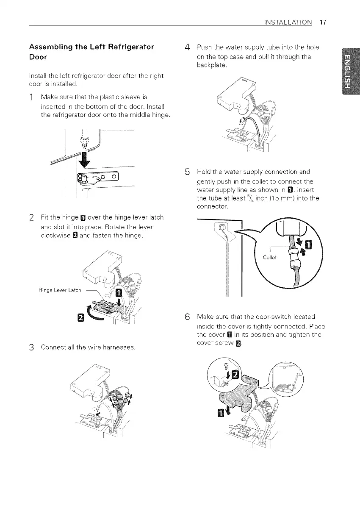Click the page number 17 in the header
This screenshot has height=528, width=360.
323,22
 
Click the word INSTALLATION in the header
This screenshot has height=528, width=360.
288,22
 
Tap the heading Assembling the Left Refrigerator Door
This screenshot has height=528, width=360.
91,51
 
